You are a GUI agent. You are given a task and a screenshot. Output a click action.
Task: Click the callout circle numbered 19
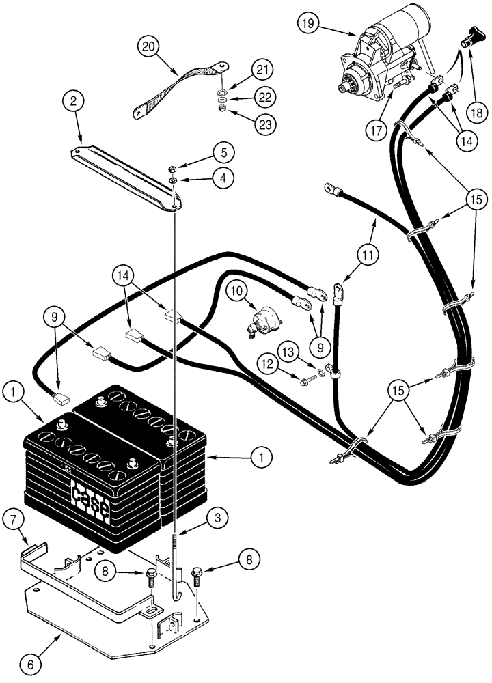coord(310,25)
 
